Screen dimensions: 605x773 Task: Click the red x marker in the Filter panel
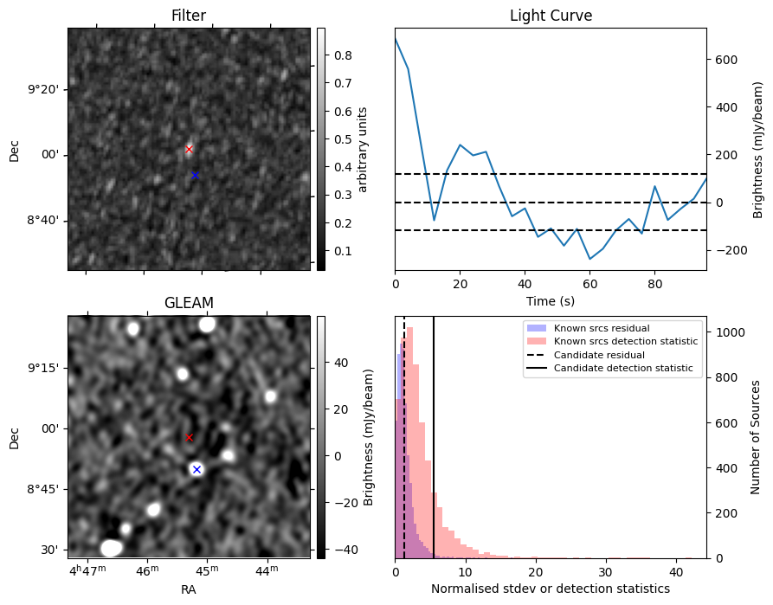click(189, 149)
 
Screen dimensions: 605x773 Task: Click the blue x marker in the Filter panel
click(195, 175)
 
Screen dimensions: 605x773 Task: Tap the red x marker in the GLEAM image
click(189, 437)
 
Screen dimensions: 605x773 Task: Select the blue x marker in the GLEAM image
click(196, 469)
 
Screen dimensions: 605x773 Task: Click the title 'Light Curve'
click(551, 16)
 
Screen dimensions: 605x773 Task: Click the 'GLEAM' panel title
click(189, 303)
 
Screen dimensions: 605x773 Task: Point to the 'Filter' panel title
click(189, 16)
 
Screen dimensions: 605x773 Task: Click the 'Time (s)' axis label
click(551, 300)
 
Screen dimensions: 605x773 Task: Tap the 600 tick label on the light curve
click(727, 60)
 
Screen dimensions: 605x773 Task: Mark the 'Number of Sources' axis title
click(755, 437)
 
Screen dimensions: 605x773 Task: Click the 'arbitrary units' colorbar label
click(363, 149)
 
